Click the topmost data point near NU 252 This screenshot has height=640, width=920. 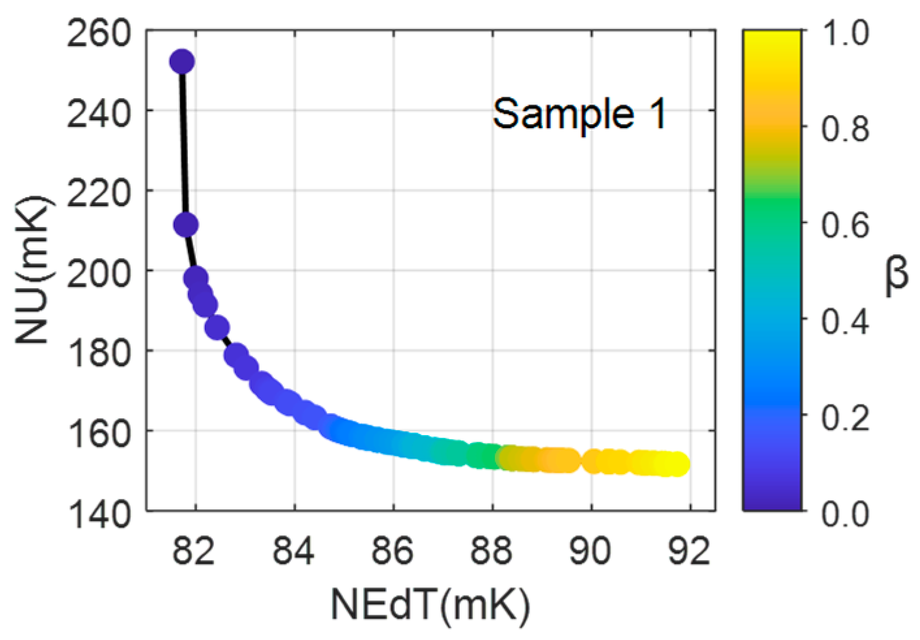[182, 62]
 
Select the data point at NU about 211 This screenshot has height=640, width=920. [186, 225]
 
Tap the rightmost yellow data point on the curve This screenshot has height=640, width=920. [677, 464]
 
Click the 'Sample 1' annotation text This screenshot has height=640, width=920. [579, 114]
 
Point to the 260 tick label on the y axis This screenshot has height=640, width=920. [99, 33]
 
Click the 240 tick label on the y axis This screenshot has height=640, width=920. [99, 113]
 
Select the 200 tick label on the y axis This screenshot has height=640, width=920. [99, 273]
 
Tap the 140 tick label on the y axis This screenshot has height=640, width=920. [99, 513]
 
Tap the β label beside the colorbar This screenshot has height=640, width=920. [897, 274]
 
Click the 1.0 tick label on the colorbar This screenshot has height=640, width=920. [845, 33]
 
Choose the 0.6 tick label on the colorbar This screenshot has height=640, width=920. [845, 224]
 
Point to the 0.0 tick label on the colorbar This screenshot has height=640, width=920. [845, 513]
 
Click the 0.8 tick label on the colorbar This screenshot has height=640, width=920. [845, 128]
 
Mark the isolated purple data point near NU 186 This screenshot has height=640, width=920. [217, 327]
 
